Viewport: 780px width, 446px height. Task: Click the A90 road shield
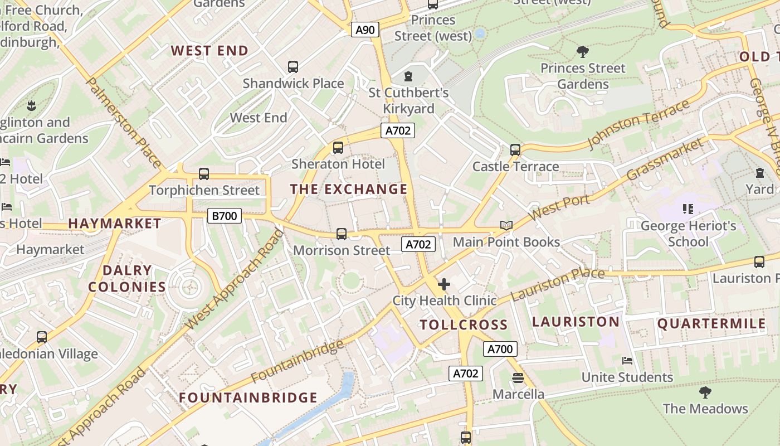[x=365, y=30]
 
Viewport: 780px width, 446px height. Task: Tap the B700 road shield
[x=225, y=216]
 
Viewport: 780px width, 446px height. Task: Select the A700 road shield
[x=500, y=349]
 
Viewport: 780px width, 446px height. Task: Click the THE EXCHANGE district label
[x=349, y=189]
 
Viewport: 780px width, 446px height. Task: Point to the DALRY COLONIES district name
[x=127, y=279]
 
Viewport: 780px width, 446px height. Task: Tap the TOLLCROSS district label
[x=464, y=324]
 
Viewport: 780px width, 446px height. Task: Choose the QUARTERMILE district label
[x=711, y=323]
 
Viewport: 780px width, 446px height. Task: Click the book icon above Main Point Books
[x=506, y=225]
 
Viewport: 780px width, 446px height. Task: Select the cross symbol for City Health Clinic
[x=444, y=284]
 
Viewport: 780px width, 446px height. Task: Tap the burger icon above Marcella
[x=518, y=377]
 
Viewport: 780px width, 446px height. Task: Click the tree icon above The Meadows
[x=705, y=392]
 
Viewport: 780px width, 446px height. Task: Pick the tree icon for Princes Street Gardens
[x=583, y=52]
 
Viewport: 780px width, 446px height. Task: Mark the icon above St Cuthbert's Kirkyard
[x=408, y=76]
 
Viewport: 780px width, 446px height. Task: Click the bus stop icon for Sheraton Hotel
[x=338, y=148]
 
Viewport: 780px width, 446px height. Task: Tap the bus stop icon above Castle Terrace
[x=515, y=149]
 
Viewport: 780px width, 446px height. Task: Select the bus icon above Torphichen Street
[x=204, y=174]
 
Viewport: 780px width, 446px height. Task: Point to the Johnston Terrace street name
[x=639, y=123]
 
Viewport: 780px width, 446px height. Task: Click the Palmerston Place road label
[x=124, y=123]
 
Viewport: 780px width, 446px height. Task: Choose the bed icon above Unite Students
[x=627, y=361]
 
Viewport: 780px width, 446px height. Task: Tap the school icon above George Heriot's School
[x=688, y=209]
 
